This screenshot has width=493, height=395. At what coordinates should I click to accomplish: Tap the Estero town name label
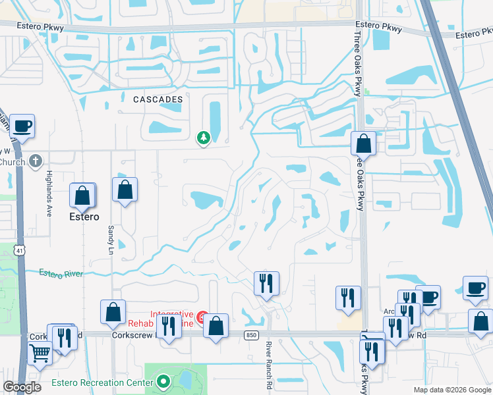pyautogui.click(x=84, y=217)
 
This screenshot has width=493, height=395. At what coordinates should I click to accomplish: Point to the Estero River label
pyautogui.click(x=61, y=272)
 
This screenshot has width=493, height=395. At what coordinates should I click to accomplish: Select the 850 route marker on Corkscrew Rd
pyautogui.click(x=250, y=334)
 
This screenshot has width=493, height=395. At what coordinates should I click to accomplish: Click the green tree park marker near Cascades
pyautogui.click(x=204, y=138)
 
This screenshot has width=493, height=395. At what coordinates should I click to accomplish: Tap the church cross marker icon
pyautogui.click(x=36, y=161)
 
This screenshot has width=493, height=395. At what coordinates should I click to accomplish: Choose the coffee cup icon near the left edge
pyautogui.click(x=22, y=126)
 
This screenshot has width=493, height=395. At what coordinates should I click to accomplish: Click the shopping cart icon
pyautogui.click(x=40, y=354)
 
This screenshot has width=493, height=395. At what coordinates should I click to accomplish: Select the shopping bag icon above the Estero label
pyautogui.click(x=82, y=195)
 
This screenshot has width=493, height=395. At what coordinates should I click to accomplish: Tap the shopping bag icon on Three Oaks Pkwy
pyautogui.click(x=363, y=144)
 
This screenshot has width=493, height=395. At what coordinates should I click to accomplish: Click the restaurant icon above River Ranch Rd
pyautogui.click(x=266, y=283)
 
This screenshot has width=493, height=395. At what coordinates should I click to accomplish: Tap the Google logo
pyautogui.click(x=22, y=387)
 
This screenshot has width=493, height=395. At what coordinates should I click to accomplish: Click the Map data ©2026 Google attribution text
pyautogui.click(x=451, y=390)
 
